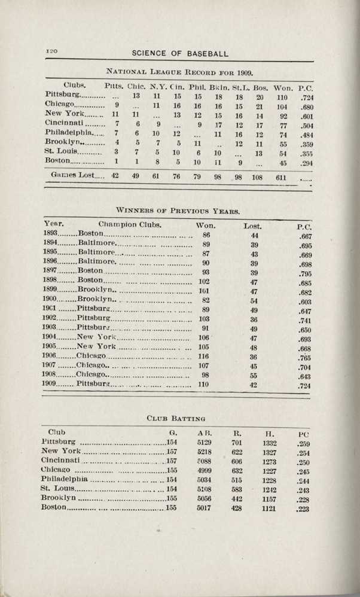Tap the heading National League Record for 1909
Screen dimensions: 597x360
click(x=179, y=73)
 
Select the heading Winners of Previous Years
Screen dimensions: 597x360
click(x=178, y=211)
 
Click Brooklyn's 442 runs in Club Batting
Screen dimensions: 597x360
click(x=236, y=498)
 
